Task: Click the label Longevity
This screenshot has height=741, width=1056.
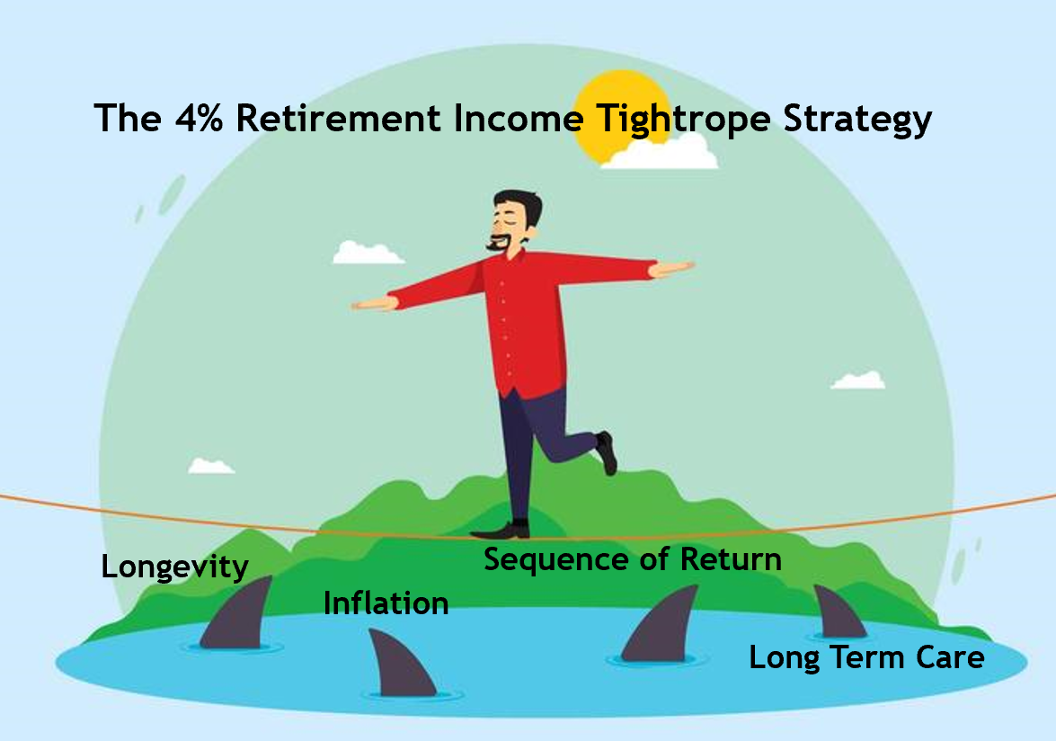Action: click(174, 567)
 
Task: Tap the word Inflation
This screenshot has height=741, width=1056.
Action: click(386, 603)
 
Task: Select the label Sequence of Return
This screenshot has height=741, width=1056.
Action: click(633, 559)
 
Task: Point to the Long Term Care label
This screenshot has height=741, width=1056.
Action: click(866, 656)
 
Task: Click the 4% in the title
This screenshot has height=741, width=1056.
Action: click(199, 118)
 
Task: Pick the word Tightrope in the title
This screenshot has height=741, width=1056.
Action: click(683, 120)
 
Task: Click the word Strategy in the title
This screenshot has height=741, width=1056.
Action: click(857, 120)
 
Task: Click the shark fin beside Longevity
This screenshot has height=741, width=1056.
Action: click(236, 612)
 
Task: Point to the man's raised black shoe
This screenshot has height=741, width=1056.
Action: click(607, 452)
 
